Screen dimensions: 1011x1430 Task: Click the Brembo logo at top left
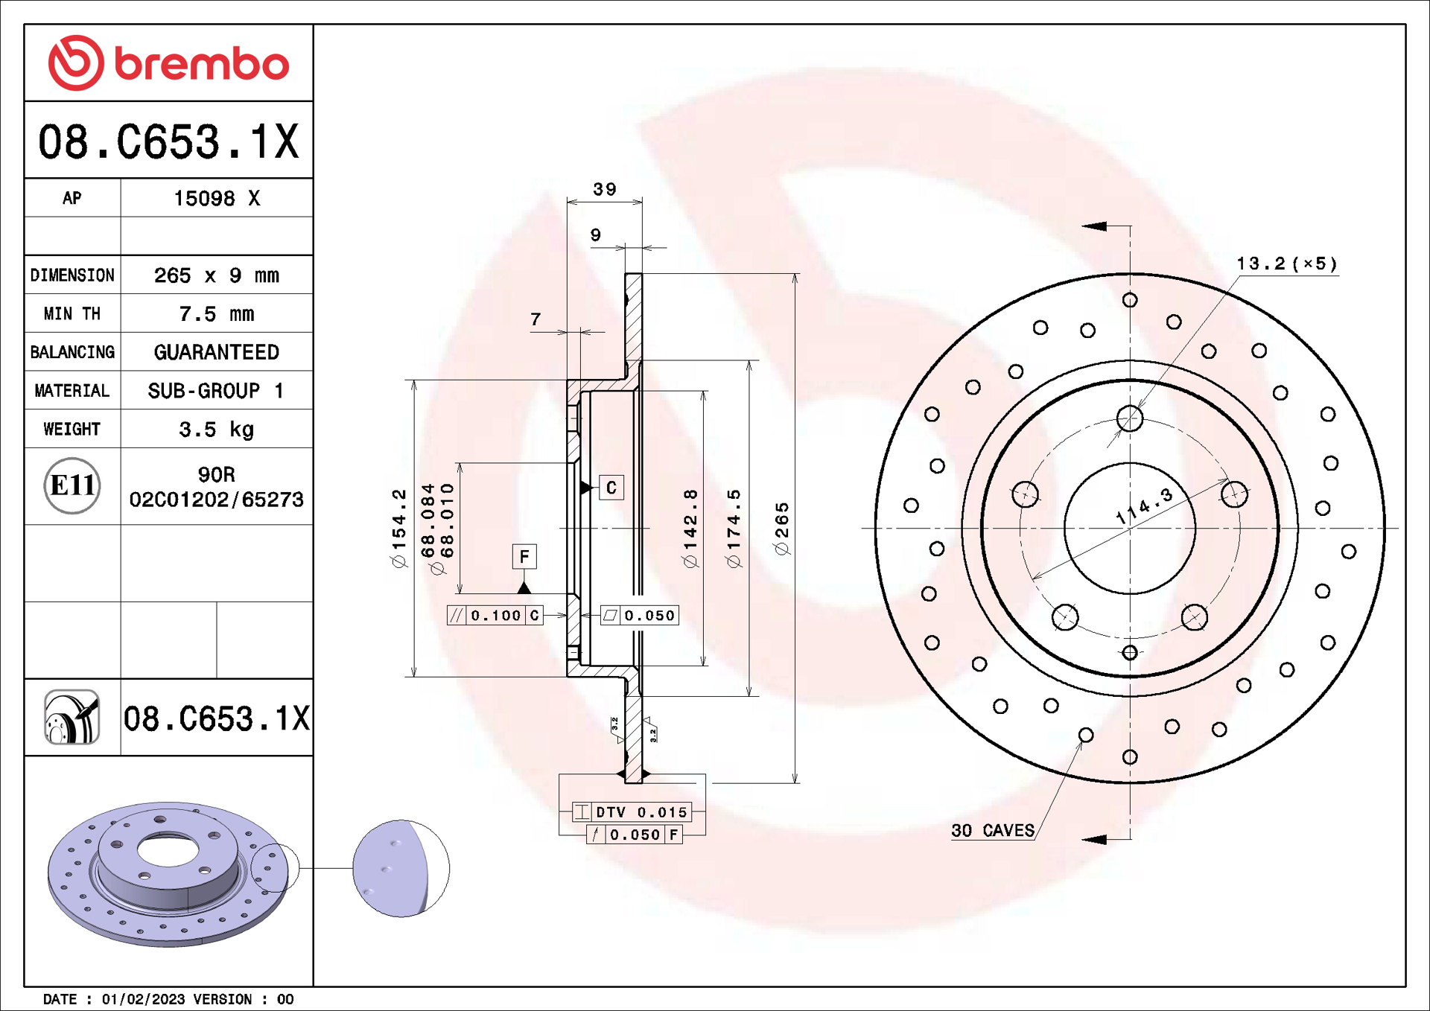click(168, 63)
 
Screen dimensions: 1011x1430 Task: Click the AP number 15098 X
click(216, 199)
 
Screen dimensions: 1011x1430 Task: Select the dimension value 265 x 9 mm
click(216, 275)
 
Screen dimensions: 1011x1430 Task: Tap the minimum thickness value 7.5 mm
click(216, 314)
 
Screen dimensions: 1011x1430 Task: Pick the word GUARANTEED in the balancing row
click(216, 352)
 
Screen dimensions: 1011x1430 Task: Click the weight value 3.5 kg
click(216, 430)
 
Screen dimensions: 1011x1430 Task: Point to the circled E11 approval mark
click(72, 486)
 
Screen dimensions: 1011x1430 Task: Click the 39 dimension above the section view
click(604, 190)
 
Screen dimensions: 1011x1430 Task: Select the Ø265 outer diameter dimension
click(781, 529)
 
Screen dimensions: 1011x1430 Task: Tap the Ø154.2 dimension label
click(399, 529)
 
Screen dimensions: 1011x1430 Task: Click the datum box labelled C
click(611, 488)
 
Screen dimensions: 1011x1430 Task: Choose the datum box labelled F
click(524, 556)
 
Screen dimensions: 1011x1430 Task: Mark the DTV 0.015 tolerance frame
click(632, 812)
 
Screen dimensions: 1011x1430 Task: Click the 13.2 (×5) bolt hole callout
click(1286, 264)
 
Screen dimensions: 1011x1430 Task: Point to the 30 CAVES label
click(993, 831)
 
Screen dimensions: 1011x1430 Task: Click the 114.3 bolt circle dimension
click(1144, 506)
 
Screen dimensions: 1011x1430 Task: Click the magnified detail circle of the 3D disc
click(401, 868)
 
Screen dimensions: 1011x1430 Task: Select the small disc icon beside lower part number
click(72, 718)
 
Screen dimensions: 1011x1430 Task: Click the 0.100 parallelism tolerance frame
click(495, 616)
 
